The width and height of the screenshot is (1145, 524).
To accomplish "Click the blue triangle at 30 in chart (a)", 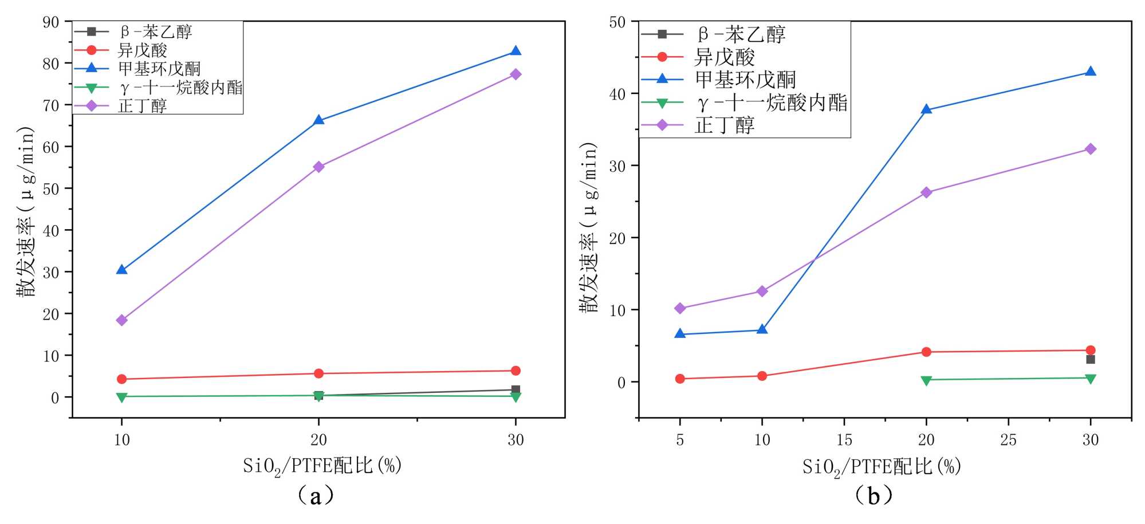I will point(516,51).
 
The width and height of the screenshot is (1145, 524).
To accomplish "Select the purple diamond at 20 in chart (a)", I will point(318,167).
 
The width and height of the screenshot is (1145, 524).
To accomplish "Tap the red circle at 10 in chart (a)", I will point(121,379).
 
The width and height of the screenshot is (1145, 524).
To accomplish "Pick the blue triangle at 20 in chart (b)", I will point(926,109).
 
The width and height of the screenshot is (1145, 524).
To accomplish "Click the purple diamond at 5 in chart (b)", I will point(680,308).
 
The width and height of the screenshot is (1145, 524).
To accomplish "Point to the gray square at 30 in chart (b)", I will point(1091,359).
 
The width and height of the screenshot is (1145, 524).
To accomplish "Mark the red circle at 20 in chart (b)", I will point(926,352).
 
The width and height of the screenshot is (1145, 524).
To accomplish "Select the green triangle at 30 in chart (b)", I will point(1091,379).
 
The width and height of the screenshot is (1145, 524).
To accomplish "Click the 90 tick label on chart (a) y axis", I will point(51,22).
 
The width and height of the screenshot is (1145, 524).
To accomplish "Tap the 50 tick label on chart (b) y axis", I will point(617,22).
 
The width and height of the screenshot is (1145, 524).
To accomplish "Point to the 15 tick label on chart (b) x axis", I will point(844,440).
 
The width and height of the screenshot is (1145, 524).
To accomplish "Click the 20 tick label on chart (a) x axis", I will point(318,440).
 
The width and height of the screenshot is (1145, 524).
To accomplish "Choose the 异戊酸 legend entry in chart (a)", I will point(143,50).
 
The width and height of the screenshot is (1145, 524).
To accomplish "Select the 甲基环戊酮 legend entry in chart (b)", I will point(745,80).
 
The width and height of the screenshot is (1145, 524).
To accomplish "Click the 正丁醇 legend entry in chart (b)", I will point(725,125).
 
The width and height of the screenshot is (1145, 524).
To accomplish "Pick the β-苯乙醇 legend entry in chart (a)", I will point(156,32).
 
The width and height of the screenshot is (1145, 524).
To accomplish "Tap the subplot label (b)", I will point(873,495).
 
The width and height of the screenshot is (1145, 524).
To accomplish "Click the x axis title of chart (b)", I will point(881,467).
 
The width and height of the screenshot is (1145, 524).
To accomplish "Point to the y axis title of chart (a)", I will point(25,212).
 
